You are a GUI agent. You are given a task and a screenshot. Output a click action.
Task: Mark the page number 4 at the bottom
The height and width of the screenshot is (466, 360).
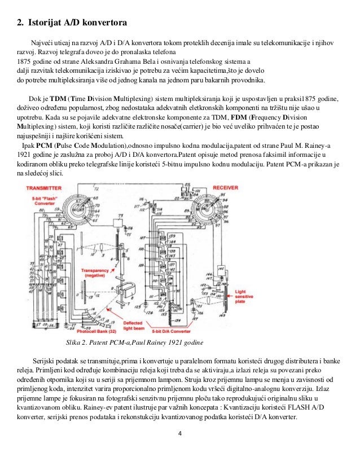click(x=179, y=433)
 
